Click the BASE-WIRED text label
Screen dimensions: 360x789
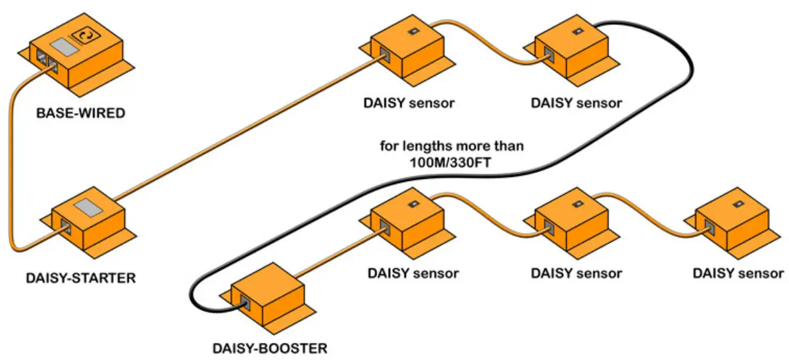(x=80, y=113)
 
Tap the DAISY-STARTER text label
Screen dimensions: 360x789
(x=80, y=277)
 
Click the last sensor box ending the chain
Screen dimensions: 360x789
(x=733, y=224)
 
